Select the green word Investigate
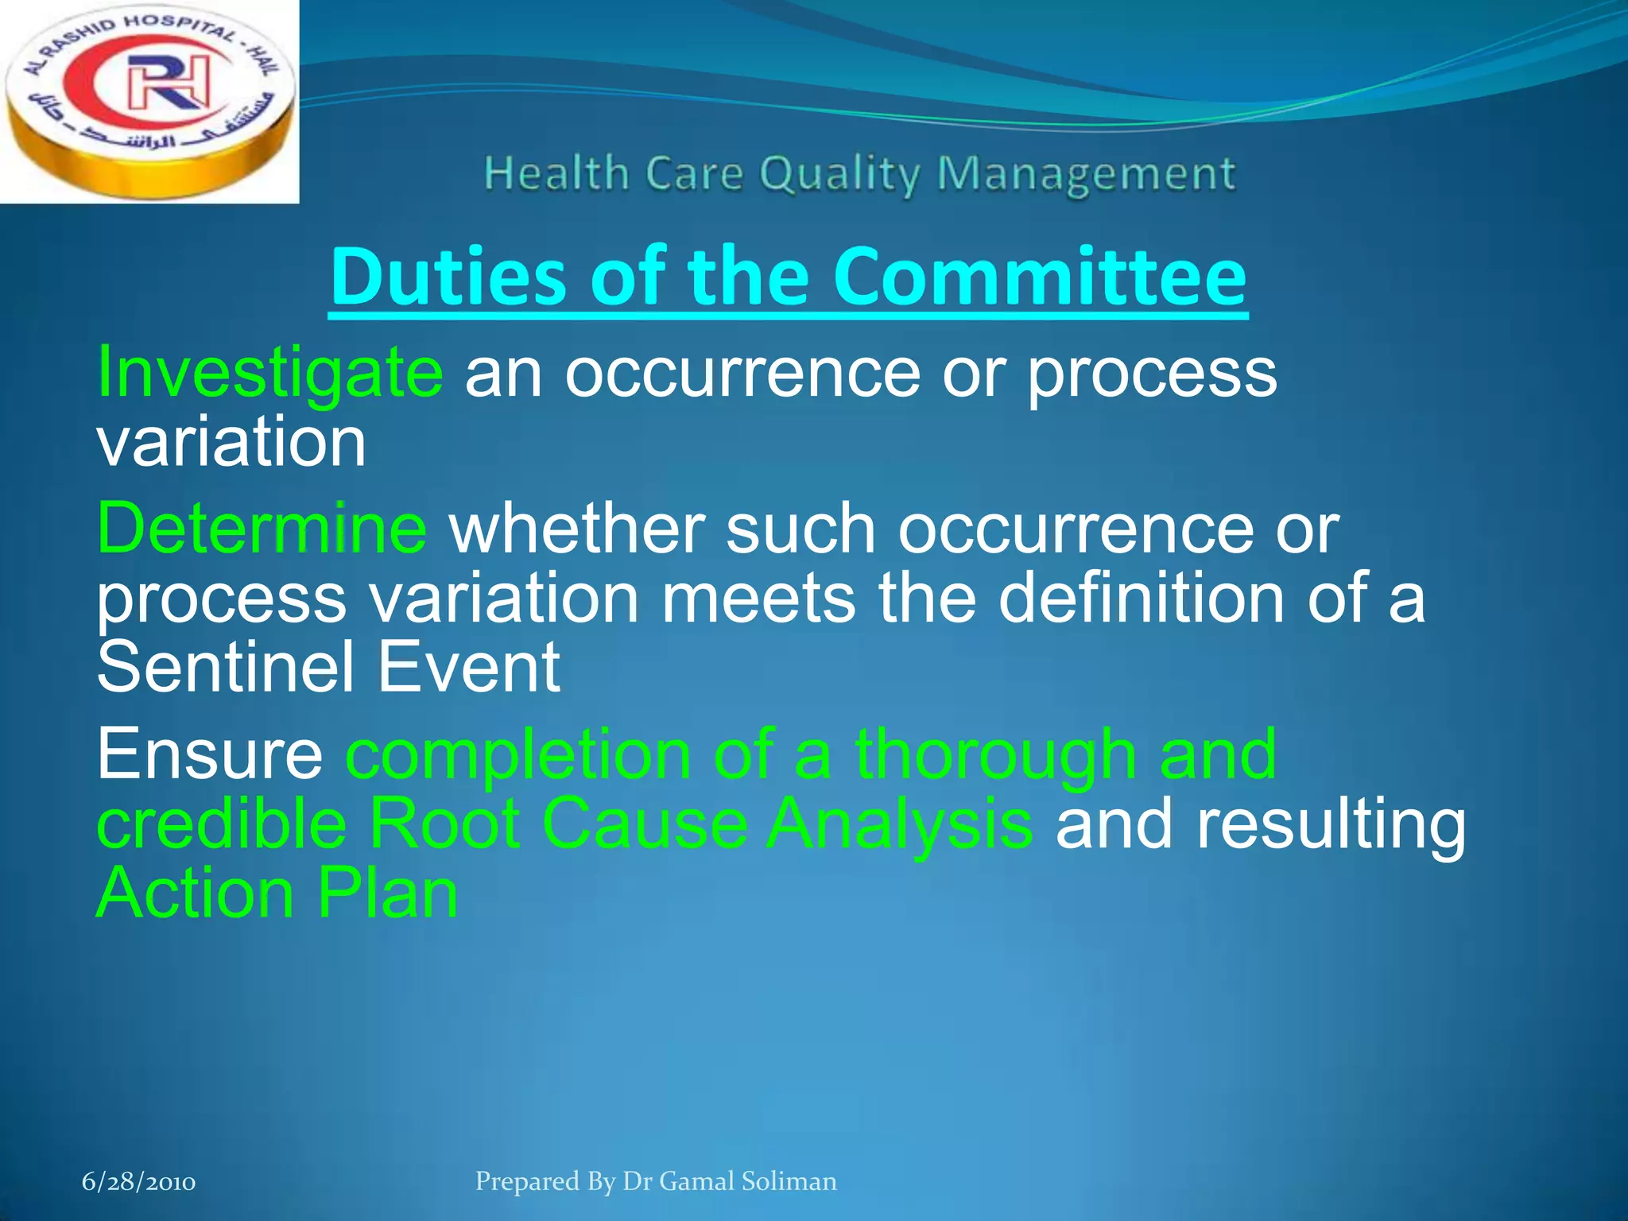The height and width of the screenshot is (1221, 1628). point(269,374)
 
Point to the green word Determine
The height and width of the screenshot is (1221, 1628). point(262,529)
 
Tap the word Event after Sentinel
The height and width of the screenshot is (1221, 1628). point(469,668)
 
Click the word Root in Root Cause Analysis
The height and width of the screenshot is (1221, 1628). point(444,824)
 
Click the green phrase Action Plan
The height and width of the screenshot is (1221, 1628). point(277,893)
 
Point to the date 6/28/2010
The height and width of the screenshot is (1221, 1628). point(139,1182)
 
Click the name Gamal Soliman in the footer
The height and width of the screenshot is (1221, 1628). point(748,1181)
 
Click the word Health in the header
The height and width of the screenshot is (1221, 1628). point(556,173)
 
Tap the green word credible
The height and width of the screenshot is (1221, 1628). point(222,824)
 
